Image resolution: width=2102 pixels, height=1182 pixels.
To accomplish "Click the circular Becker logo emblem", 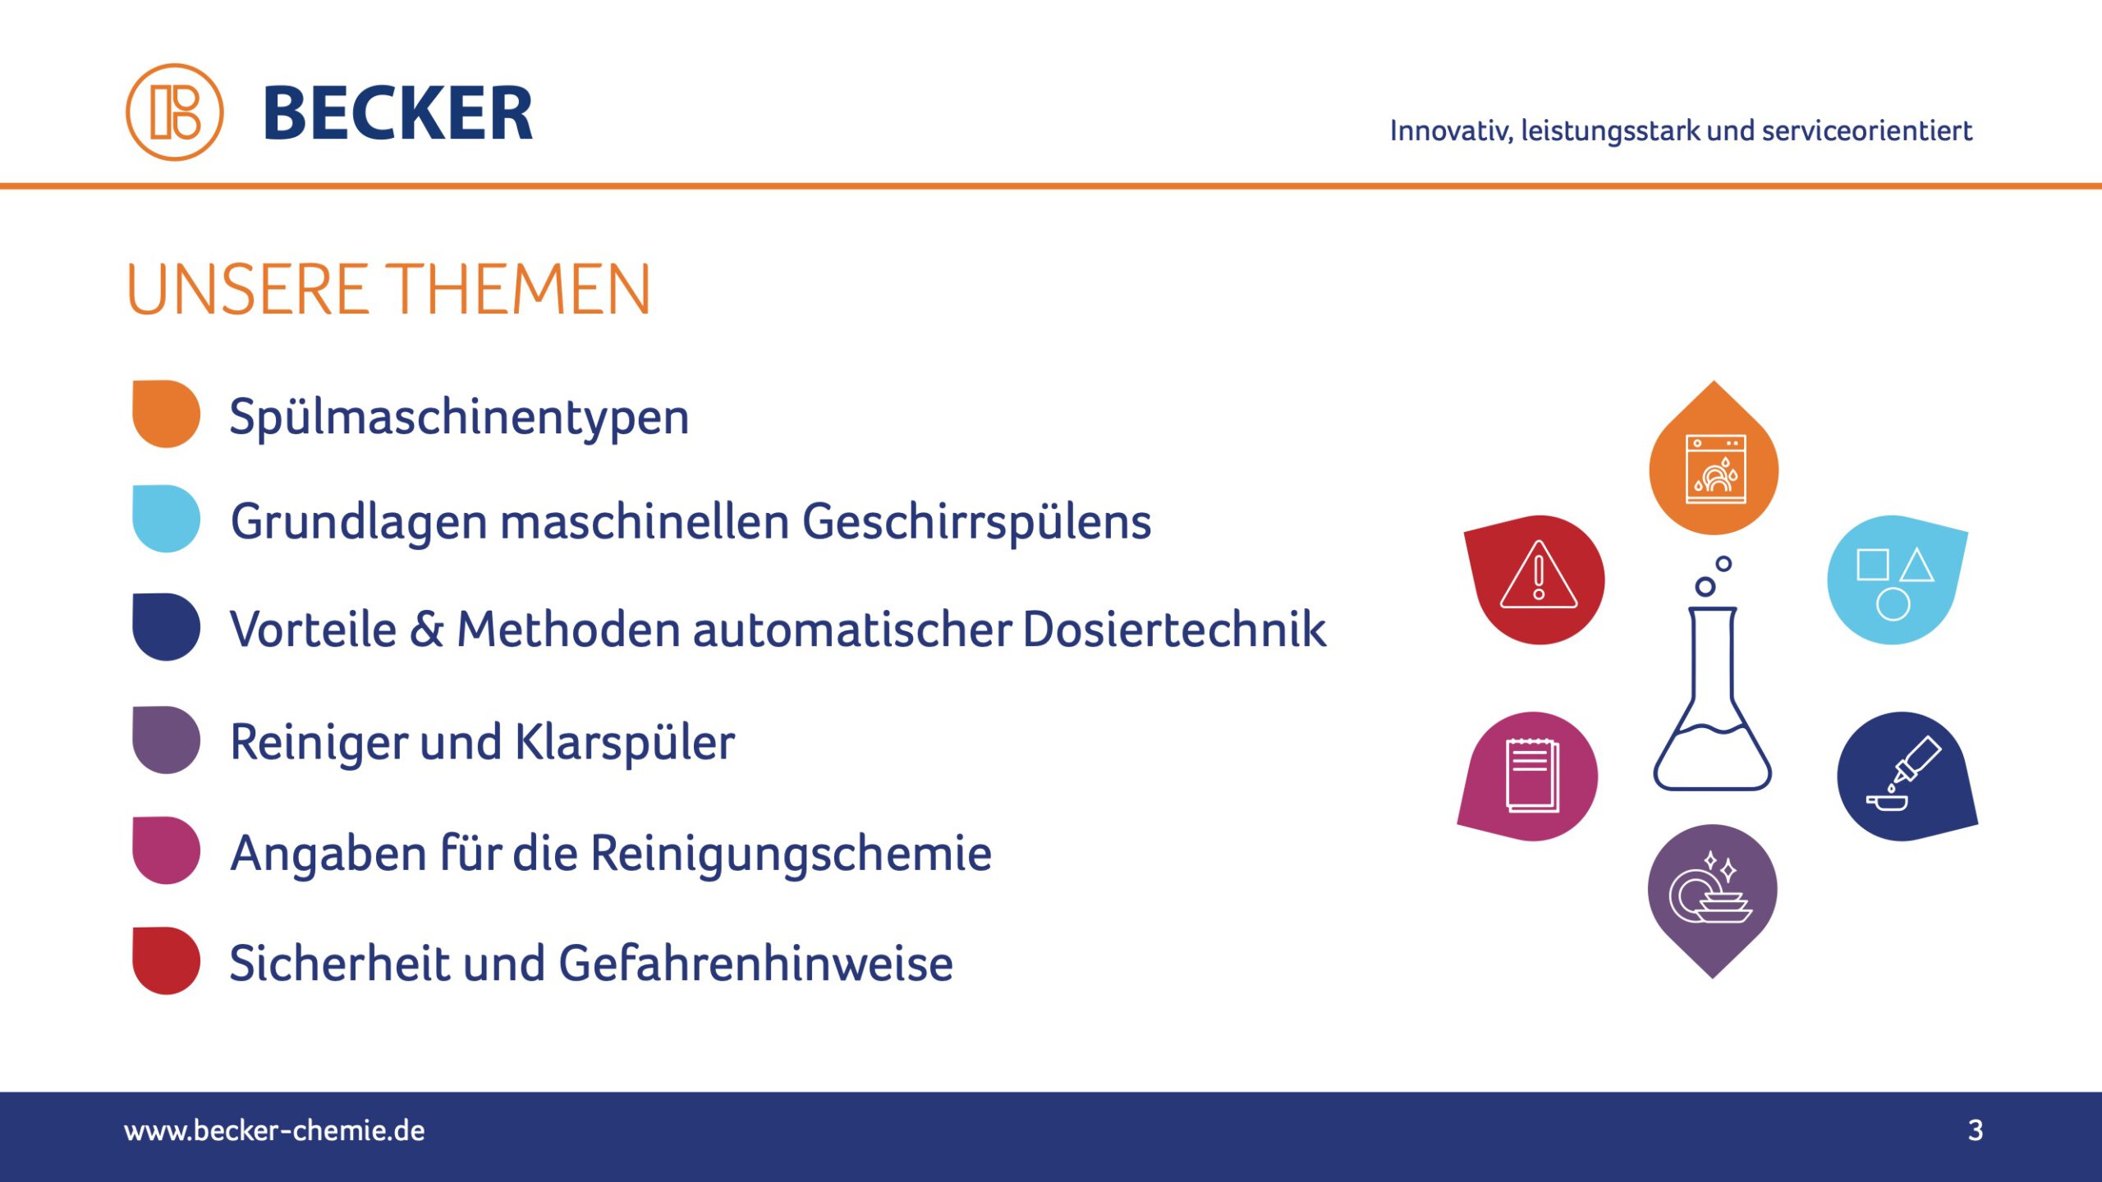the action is click(174, 112).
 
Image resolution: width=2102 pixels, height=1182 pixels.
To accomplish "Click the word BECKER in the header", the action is click(398, 113).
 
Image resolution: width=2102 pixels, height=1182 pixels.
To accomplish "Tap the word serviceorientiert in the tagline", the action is click(1866, 131).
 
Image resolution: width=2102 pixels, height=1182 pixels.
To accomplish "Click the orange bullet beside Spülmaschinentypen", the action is click(166, 414).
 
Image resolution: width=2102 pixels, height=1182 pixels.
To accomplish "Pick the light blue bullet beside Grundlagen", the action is click(166, 519).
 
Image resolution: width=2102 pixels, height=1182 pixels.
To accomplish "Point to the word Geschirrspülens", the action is click(976, 523).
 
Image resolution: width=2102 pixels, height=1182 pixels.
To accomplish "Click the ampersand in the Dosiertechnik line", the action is click(426, 630).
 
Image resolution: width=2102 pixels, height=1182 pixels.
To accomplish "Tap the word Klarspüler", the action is click(625, 743).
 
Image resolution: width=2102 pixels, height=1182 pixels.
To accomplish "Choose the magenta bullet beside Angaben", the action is click(166, 850).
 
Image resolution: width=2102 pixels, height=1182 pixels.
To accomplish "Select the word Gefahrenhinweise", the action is click(756, 963).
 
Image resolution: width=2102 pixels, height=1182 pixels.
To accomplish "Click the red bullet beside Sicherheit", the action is click(166, 960).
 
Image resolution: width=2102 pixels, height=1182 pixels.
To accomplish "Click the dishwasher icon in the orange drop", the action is click(1715, 470).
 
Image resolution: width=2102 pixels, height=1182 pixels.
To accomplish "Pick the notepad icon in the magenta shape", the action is click(1532, 776).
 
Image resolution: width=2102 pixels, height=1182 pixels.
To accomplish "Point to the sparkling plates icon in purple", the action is click(1711, 888).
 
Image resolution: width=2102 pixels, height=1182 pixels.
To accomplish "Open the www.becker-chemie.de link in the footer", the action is click(274, 1131).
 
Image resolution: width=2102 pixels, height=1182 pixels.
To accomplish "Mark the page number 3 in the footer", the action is click(1976, 1130).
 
